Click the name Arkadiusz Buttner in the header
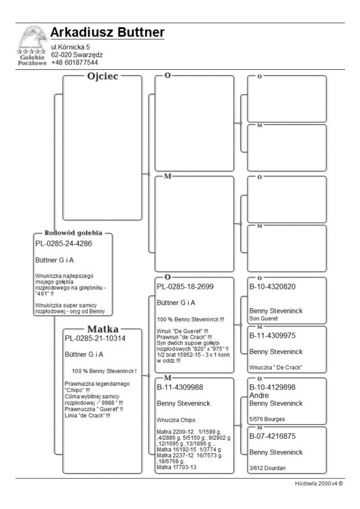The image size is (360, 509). coord(107,33)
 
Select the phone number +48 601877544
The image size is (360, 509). coord(74,63)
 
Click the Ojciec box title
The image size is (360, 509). coord(102,76)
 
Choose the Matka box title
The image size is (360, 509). coord(102,329)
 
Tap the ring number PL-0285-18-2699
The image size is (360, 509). coord(185,287)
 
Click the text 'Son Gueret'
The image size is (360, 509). coord(264,318)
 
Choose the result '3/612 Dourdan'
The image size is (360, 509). coord(267,468)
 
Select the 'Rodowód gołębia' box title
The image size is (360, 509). coord(73,233)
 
